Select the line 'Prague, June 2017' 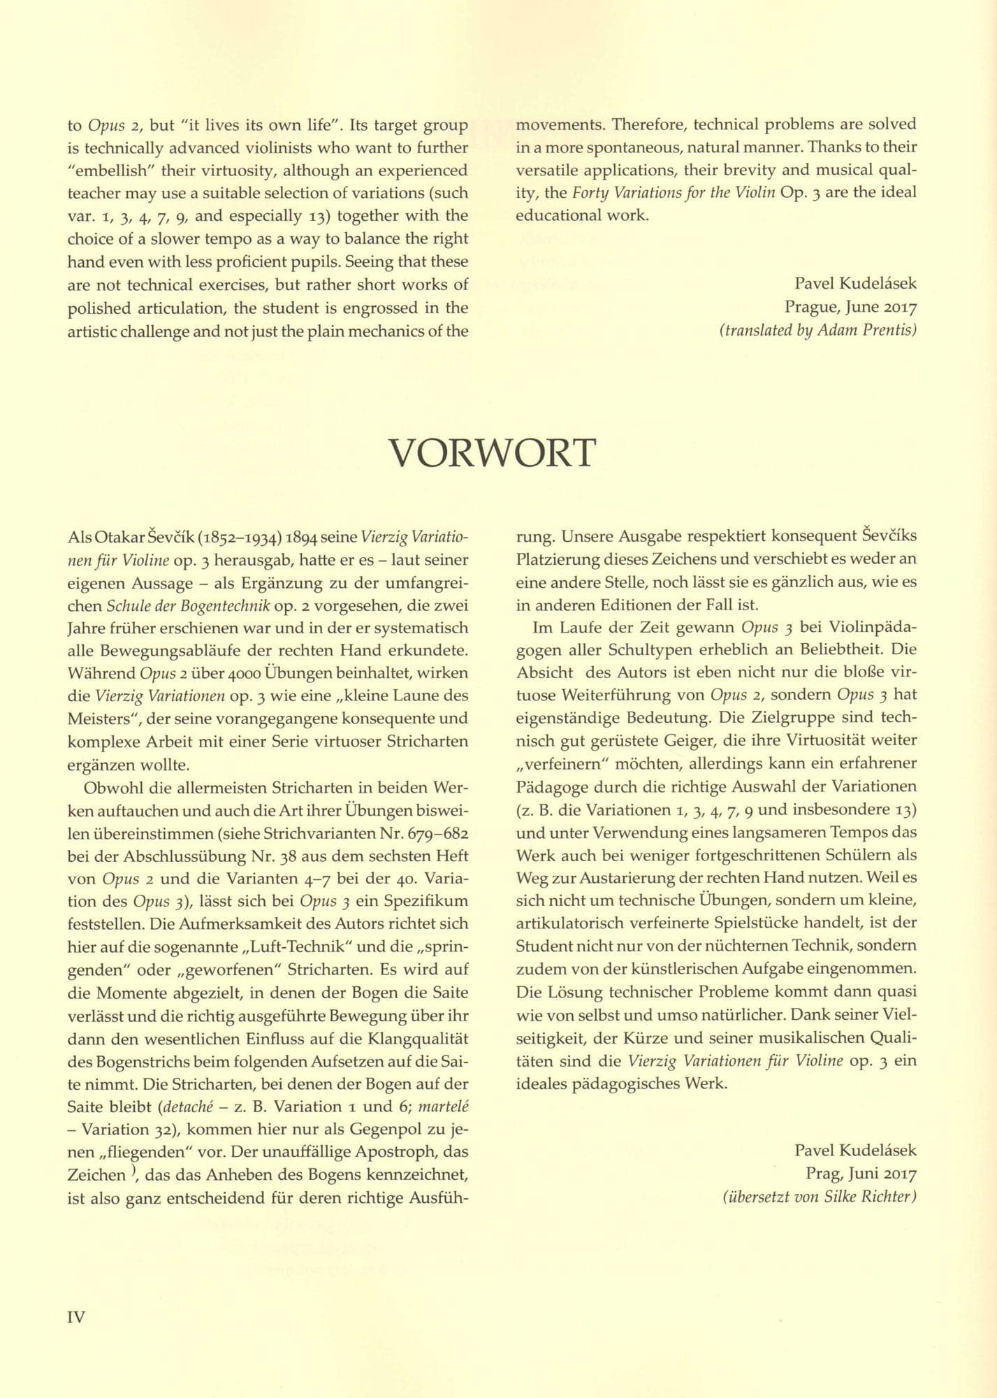point(850,306)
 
